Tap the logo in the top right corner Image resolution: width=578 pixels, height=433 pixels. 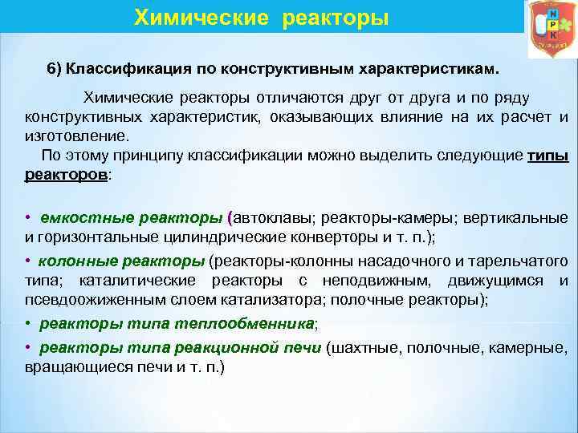point(551,28)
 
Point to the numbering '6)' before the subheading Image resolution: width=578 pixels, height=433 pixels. point(55,70)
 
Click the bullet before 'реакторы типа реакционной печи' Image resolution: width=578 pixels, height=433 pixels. point(29,348)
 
